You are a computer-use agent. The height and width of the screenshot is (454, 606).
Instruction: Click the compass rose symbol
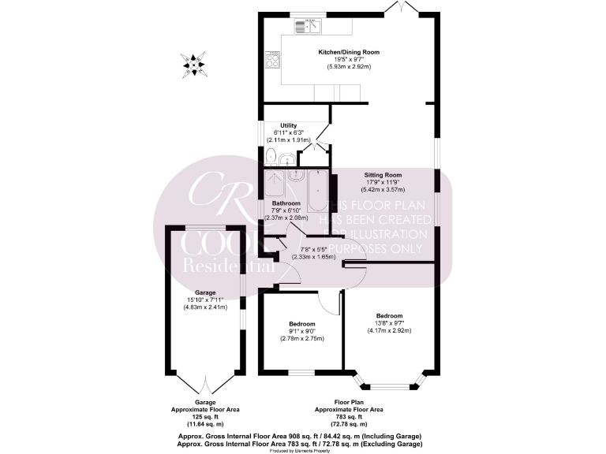pyautogui.click(x=193, y=63)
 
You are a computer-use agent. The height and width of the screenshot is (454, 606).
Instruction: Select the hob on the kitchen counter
pyautogui.click(x=275, y=59)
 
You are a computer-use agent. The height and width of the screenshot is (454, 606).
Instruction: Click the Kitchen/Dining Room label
pyautogui.click(x=349, y=52)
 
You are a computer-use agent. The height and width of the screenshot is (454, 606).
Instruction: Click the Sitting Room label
pyautogui.click(x=383, y=175)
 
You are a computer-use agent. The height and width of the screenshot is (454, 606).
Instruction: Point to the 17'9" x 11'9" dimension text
pyautogui.click(x=383, y=182)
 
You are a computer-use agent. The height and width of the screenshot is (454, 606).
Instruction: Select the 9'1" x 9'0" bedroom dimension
pyautogui.click(x=301, y=331)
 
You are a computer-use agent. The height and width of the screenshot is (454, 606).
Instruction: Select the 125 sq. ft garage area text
pyautogui.click(x=205, y=417)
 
